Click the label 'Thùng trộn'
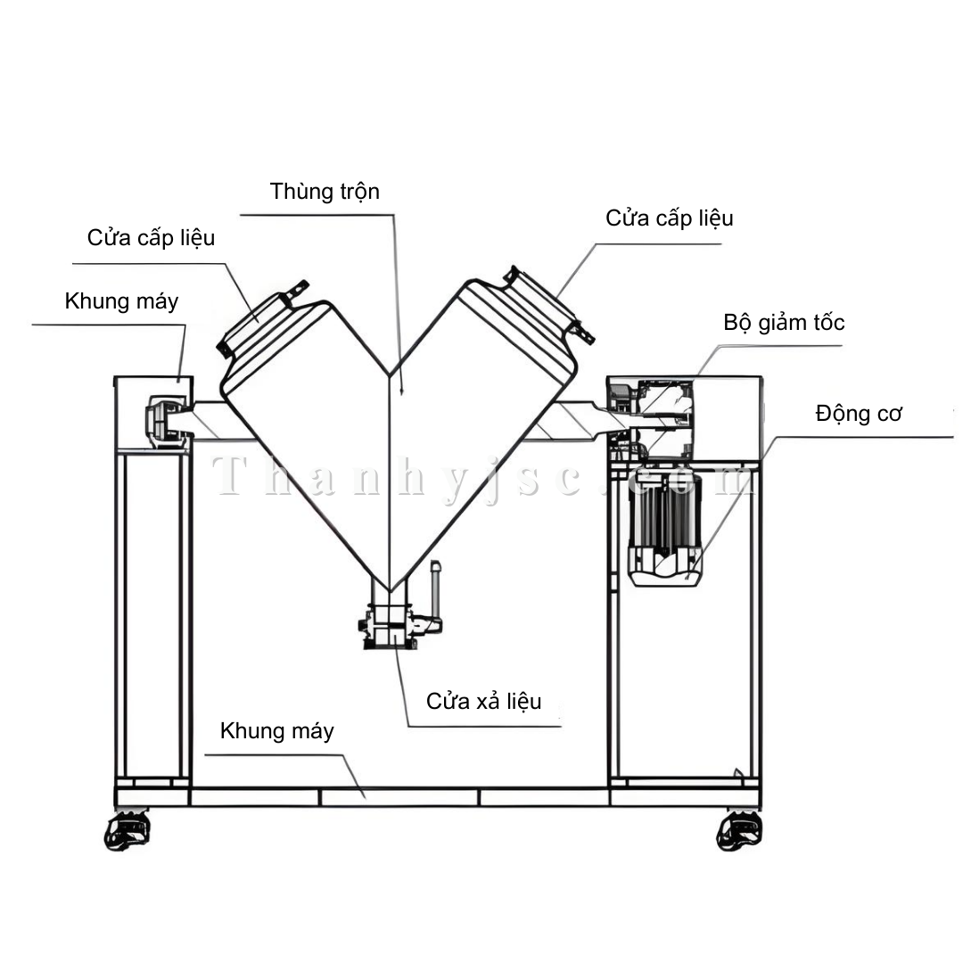pos(325,192)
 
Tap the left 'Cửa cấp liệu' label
pos(151,238)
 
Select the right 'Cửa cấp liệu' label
pos(669,218)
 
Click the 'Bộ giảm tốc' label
pos(784,322)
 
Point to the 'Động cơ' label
pos(859,414)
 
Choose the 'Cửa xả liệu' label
pos(483,701)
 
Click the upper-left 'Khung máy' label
pos(121,301)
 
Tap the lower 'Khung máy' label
pos(276,732)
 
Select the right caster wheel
pos(739,830)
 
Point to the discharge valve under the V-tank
pos(389,624)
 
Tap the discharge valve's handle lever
pos(434,588)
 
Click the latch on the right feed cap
pos(584,333)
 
